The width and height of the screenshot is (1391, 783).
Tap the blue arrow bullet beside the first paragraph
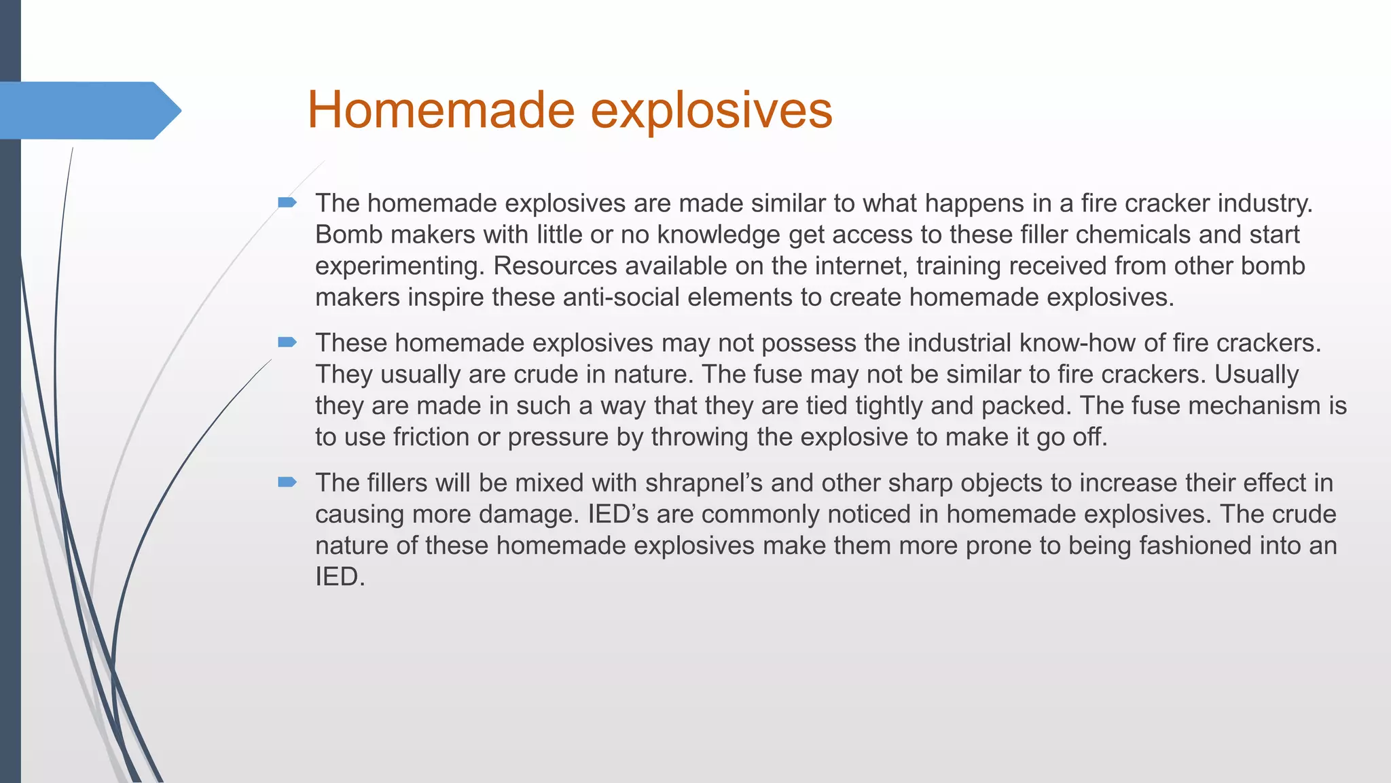287,202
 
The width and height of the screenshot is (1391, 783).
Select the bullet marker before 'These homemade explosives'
287,342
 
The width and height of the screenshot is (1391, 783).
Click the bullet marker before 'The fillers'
287,482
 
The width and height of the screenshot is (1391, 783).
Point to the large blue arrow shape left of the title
88,110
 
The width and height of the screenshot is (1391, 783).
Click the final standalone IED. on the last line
340,576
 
